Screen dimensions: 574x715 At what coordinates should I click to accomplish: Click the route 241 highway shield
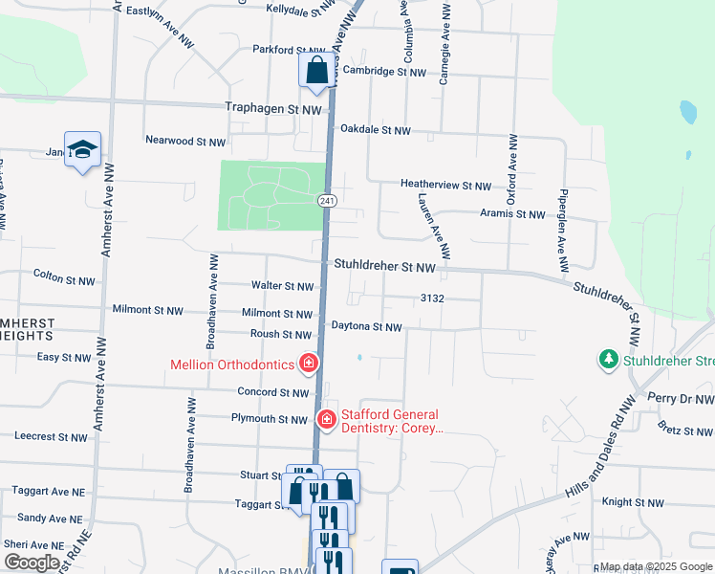[x=327, y=200]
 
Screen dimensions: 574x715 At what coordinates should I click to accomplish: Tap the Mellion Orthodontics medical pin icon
[x=308, y=363]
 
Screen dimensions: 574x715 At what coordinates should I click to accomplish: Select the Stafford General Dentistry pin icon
[x=326, y=419]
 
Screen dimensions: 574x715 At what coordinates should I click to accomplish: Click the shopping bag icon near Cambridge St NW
[x=316, y=71]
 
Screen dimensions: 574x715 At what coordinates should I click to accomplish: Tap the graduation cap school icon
[x=83, y=149]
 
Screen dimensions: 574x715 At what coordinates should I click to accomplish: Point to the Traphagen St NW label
[x=273, y=110]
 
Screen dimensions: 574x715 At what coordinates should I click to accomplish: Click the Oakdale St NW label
[x=375, y=130]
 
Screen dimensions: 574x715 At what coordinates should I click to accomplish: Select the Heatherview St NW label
[x=445, y=186]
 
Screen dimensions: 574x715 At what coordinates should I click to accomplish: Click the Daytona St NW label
[x=366, y=326]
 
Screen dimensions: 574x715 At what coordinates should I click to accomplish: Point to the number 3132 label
[x=432, y=298]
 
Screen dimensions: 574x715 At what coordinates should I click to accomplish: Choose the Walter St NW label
[x=282, y=286]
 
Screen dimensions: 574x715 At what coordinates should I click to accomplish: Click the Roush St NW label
[x=281, y=335]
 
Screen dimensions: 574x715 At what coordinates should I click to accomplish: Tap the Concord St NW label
[x=273, y=392]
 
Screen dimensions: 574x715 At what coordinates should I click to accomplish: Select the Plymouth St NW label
[x=270, y=419]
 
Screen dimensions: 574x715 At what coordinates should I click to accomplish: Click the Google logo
[x=32, y=563]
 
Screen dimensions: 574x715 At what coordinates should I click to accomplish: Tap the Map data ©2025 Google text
[x=655, y=566]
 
